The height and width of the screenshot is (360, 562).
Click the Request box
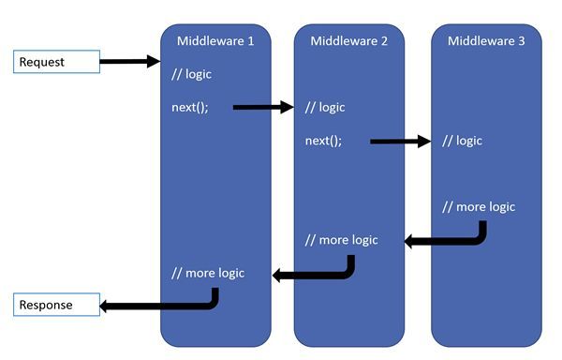(x=56, y=63)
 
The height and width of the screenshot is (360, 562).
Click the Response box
(x=56, y=305)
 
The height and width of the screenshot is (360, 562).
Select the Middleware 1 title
(x=215, y=40)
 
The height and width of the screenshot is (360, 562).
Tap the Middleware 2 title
(x=349, y=40)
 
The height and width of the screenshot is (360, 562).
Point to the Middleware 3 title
(x=486, y=40)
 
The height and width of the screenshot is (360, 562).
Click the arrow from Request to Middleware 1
(x=129, y=62)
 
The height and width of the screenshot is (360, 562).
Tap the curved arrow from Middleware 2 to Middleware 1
(x=314, y=275)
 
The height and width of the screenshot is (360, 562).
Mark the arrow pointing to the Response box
(x=159, y=306)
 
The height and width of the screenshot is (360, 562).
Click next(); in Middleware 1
(x=190, y=107)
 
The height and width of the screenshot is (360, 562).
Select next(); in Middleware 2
(x=324, y=141)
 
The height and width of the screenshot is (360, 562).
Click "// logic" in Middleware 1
(x=192, y=74)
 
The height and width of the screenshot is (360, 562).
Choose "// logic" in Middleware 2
(x=325, y=107)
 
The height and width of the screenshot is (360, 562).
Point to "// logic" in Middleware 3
(x=462, y=141)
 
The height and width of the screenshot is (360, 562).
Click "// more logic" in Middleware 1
(x=208, y=273)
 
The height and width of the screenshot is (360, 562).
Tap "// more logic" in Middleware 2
(x=342, y=240)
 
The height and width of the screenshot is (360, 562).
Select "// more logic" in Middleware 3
(x=479, y=206)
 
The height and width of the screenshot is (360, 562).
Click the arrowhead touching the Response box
(x=107, y=306)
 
